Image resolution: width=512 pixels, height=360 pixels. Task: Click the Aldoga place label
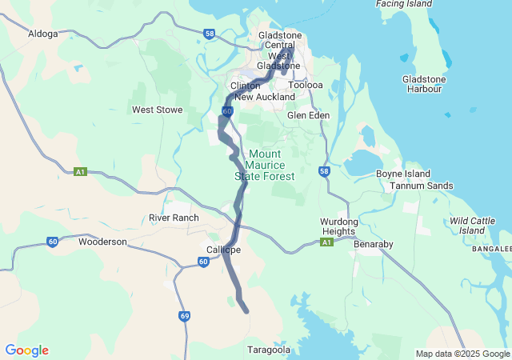point(43,34)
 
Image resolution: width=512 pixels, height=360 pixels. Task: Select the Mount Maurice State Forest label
point(264,165)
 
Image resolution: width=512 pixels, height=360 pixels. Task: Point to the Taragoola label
point(269,350)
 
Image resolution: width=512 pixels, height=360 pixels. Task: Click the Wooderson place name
point(102,241)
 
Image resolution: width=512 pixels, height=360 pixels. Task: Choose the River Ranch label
point(174,218)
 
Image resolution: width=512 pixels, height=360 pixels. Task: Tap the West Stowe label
point(158,110)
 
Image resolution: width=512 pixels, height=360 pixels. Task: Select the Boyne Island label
point(402,174)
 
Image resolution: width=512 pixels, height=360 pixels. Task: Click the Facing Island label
point(404,4)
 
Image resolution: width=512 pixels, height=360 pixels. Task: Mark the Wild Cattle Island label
point(478,225)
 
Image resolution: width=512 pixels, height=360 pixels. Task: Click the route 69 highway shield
point(184,318)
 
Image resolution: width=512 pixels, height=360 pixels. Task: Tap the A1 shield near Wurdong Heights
point(326,242)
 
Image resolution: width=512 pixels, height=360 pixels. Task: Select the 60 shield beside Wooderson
point(53,241)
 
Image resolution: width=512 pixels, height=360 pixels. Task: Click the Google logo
point(26,350)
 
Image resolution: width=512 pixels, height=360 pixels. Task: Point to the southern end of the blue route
point(246,311)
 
